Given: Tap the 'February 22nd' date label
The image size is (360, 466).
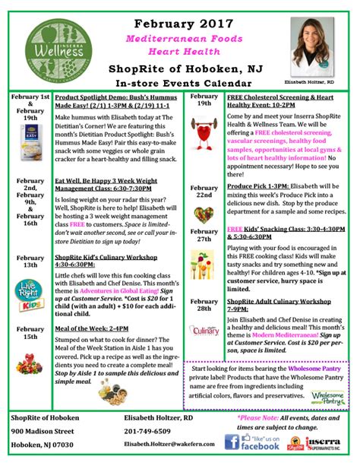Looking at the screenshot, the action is click(204, 191).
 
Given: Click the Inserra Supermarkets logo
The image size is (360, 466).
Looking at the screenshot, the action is click(328, 441).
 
